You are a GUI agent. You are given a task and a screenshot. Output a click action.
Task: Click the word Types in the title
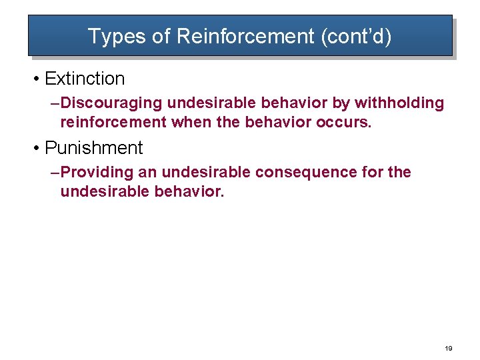coord(111,36)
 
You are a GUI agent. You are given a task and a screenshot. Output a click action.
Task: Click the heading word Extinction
coord(85,79)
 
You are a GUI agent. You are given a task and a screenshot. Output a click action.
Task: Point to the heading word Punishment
coord(93,147)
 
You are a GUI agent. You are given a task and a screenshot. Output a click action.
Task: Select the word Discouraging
coord(111,103)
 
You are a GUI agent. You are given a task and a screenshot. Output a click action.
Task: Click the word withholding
coord(399,103)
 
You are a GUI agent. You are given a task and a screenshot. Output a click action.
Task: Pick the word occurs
coord(344,123)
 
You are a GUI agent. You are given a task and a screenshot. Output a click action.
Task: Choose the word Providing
coord(97,173)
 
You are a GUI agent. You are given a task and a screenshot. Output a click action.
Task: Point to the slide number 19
coord(449,348)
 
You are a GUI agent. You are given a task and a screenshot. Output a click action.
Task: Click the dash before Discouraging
coord(55,103)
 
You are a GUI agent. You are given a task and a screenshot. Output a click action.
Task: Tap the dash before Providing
coord(55,173)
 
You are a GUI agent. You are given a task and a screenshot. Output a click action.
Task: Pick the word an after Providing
coord(148,173)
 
